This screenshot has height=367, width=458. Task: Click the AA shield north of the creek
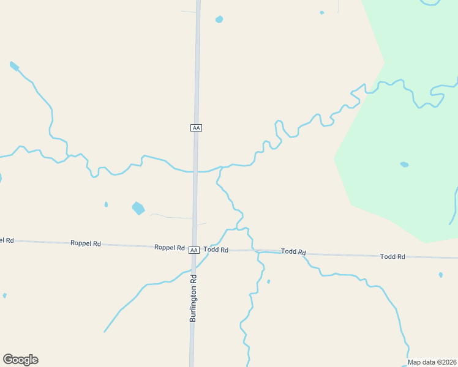[196, 127]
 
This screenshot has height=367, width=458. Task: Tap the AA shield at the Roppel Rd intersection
[193, 250]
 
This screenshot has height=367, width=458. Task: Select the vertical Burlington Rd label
[193, 298]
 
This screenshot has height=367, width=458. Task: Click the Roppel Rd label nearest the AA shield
[170, 248]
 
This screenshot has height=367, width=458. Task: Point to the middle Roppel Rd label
[86, 243]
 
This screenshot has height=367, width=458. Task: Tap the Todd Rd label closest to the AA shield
[216, 250]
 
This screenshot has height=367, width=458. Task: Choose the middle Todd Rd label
[293, 252]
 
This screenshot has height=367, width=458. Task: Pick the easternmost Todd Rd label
[392, 256]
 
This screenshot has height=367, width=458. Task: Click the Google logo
[20, 360]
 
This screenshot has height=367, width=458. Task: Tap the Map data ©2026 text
[432, 361]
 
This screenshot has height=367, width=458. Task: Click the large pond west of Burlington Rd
[138, 208]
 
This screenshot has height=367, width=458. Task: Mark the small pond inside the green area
[404, 165]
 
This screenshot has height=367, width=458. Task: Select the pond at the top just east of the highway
[219, 19]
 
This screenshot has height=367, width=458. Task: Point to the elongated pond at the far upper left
[14, 65]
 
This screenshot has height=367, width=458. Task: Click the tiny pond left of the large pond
[106, 204]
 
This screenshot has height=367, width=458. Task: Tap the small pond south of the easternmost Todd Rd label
[440, 275]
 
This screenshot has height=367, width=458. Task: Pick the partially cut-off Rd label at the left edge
[7, 240]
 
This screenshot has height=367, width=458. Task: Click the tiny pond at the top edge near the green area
[321, 12]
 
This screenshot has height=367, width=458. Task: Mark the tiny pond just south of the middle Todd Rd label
[268, 281]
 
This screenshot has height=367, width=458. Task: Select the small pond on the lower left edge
[4, 295]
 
